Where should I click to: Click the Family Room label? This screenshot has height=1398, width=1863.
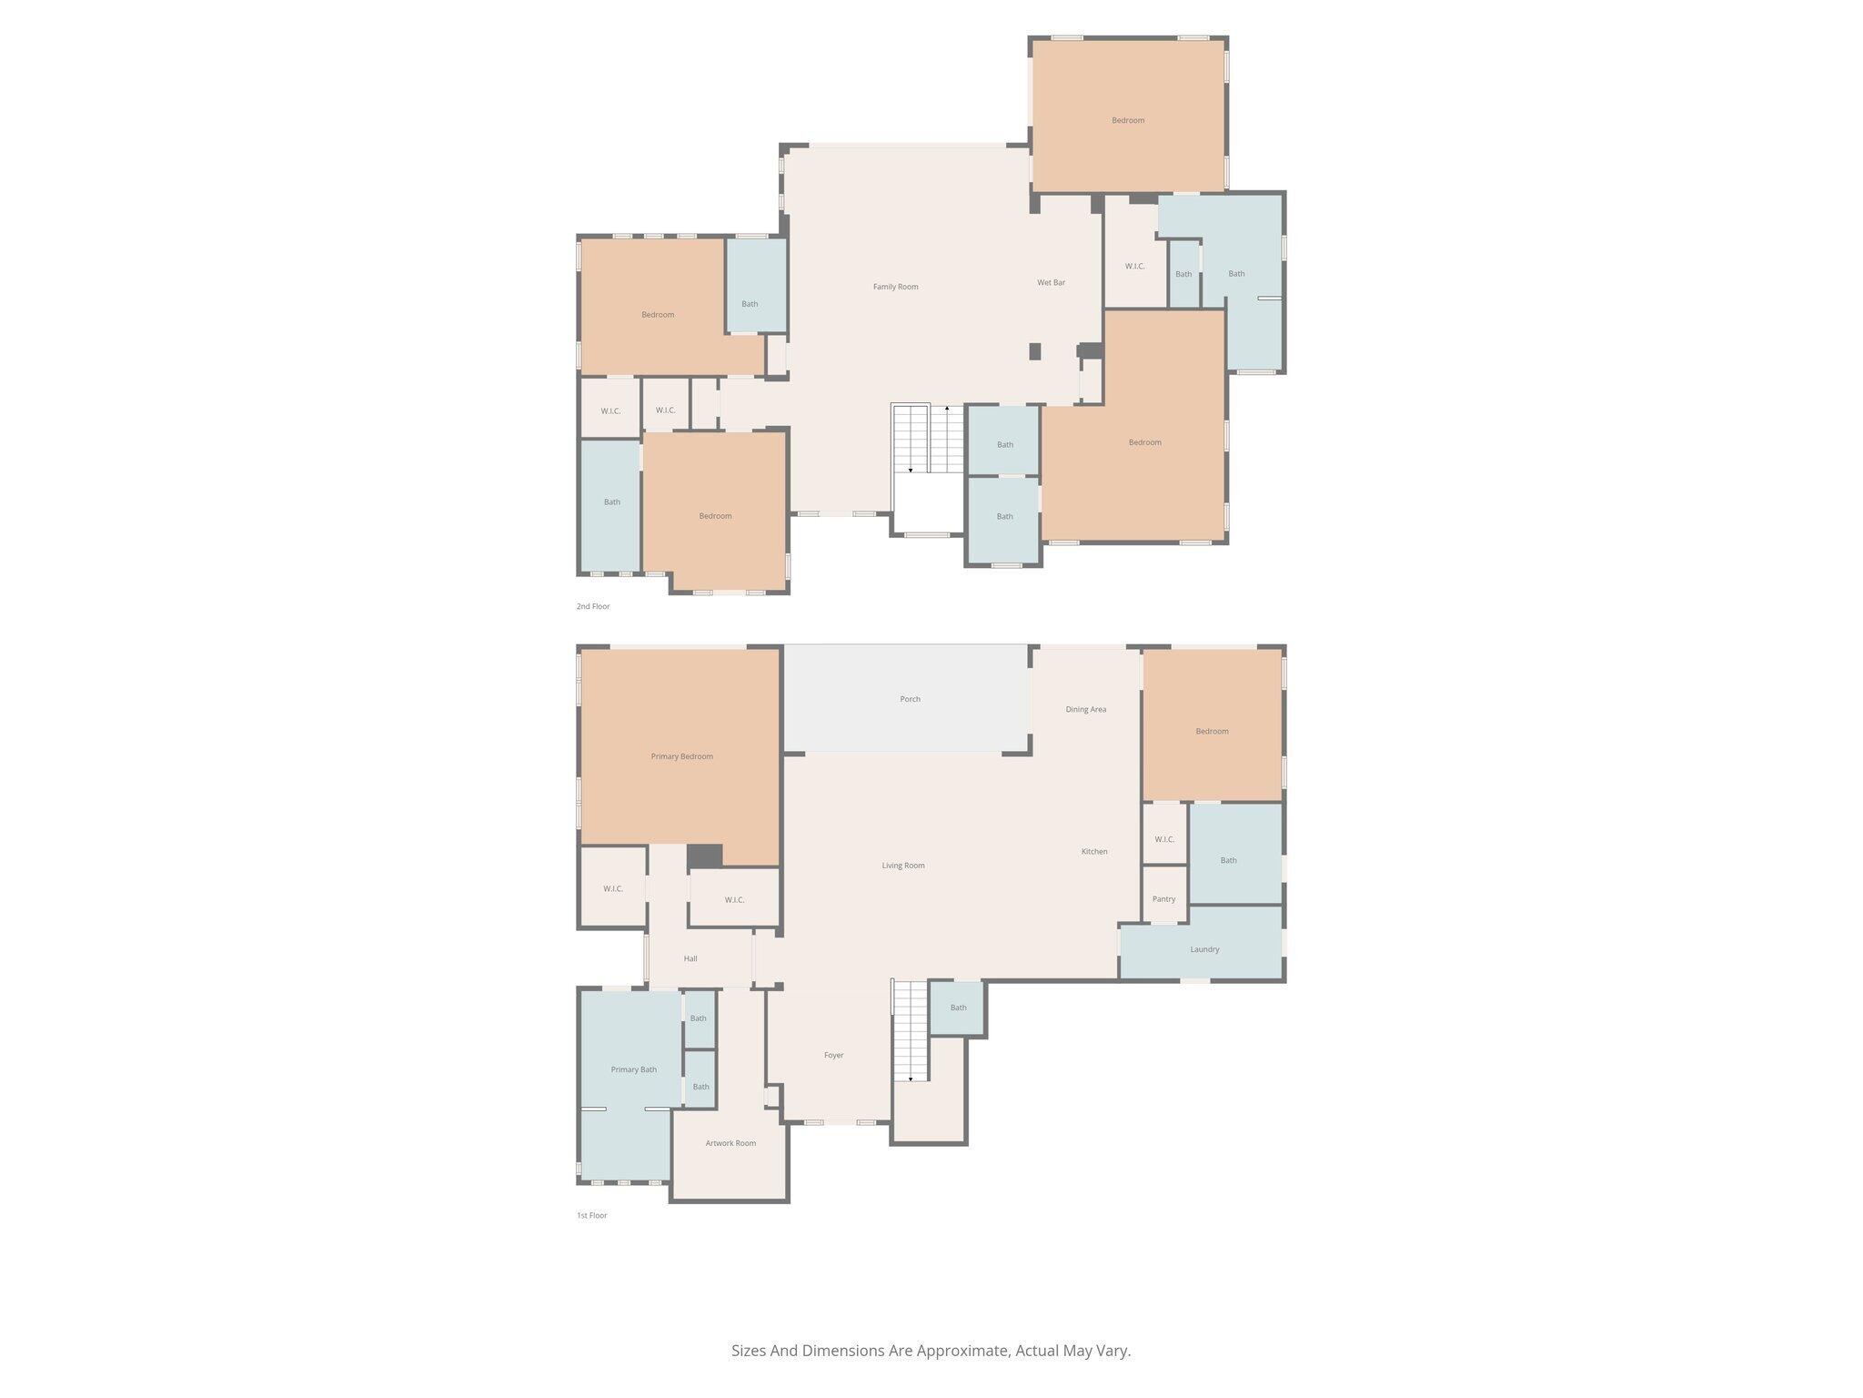[x=895, y=287]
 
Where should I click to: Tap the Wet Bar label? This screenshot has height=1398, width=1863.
[x=1051, y=283]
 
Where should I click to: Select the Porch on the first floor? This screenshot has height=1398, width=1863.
[x=910, y=699]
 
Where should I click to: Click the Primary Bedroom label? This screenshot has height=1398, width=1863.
[x=681, y=756]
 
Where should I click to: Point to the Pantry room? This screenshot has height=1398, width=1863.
[x=1163, y=898]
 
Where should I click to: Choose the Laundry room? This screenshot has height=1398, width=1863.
[x=1203, y=949]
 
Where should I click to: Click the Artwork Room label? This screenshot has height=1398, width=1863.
[x=730, y=1143]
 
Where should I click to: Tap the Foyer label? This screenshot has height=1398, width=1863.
[x=833, y=1055]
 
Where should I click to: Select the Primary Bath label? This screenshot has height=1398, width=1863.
[x=633, y=1069]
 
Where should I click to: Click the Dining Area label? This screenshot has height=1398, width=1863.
[x=1085, y=709]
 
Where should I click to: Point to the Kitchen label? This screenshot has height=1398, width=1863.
[x=1093, y=852]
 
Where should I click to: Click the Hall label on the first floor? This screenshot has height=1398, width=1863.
[x=690, y=958]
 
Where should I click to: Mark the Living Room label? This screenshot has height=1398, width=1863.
[x=902, y=866]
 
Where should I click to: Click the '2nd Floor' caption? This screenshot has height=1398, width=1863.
[x=593, y=606]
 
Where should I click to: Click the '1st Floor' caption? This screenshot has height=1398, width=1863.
[x=591, y=1215]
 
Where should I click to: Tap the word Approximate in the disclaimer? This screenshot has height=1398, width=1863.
[x=962, y=1351]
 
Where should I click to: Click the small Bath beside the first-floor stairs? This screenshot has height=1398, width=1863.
[x=958, y=1008]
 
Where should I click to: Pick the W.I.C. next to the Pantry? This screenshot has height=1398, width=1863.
[x=1164, y=839]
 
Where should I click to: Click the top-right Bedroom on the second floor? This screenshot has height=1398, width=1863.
[x=1127, y=120]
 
